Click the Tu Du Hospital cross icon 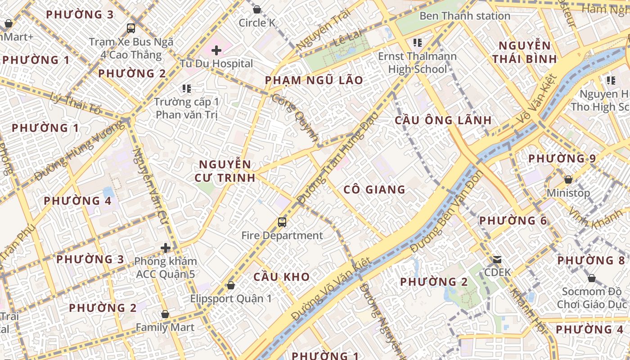[x=216, y=50]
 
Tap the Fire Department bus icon [x=282, y=222]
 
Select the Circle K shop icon [x=257, y=9]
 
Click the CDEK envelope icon [x=497, y=259]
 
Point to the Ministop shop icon [x=568, y=180]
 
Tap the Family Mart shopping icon [x=165, y=314]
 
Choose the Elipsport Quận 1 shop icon [x=231, y=285]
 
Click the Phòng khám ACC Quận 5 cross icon [x=166, y=247]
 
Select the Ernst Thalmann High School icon [x=418, y=43]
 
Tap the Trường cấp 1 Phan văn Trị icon [x=186, y=89]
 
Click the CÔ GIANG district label [x=374, y=189]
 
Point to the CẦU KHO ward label [x=282, y=277]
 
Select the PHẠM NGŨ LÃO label [x=314, y=81]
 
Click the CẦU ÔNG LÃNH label [x=443, y=121]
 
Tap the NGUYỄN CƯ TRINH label [x=225, y=171]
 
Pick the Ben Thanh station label [x=465, y=16]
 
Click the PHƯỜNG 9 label [x=562, y=159]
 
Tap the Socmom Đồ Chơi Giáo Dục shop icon [x=591, y=279]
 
